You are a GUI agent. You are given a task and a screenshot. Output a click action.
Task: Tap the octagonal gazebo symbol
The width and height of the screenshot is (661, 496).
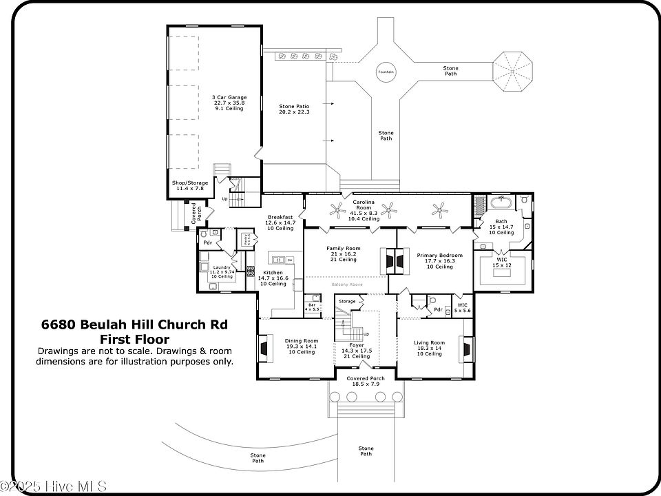click(511, 71)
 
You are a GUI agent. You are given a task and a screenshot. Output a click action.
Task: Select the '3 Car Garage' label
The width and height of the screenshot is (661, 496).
click(229, 103)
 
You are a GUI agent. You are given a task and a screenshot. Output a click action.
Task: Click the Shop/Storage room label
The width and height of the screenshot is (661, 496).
click(189, 185)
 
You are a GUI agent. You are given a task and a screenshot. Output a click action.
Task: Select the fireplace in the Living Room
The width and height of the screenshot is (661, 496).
click(467, 349)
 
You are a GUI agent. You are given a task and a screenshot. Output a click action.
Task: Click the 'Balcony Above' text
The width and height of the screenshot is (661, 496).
click(346, 284)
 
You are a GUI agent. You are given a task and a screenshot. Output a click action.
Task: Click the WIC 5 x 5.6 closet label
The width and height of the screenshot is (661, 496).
click(462, 308)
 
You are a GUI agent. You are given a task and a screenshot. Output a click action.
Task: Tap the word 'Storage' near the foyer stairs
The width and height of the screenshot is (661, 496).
click(347, 301)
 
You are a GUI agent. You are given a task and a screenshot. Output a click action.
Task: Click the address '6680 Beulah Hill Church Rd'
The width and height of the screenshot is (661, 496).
click(134, 324)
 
